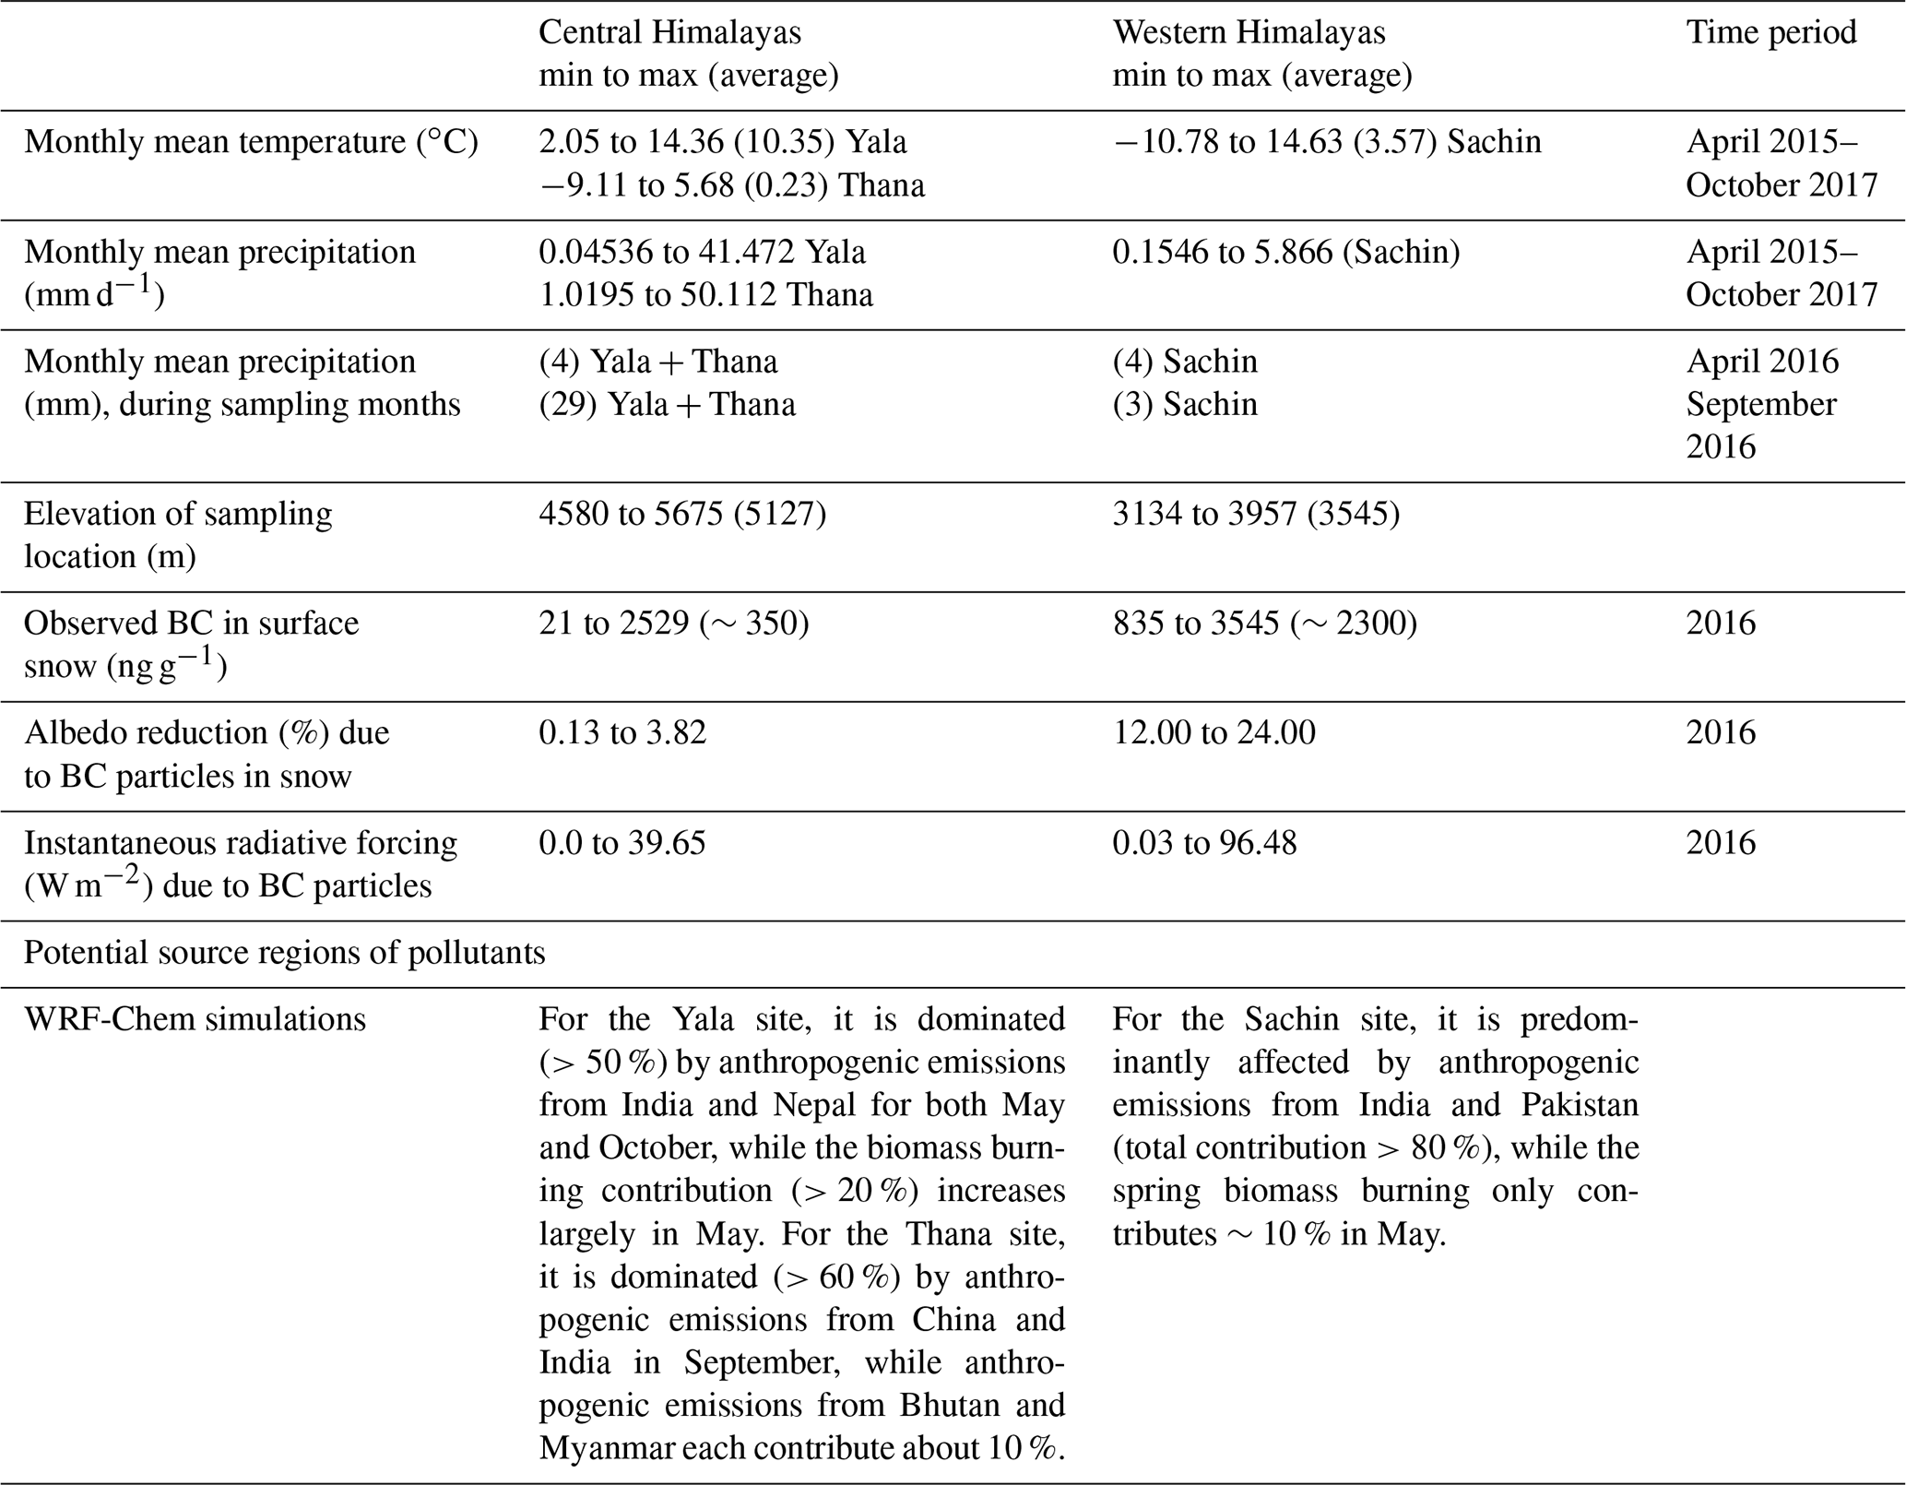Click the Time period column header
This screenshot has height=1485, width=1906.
(x=1770, y=33)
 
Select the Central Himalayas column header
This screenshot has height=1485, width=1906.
(x=669, y=33)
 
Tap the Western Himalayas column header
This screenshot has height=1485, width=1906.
(x=1249, y=33)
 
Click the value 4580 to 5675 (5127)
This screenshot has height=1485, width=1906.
(x=682, y=514)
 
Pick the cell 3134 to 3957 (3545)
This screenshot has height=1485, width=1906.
(x=1256, y=514)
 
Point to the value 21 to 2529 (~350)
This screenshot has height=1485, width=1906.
(x=673, y=624)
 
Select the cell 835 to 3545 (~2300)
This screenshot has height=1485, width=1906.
(x=1264, y=624)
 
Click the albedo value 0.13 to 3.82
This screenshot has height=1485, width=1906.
(x=622, y=733)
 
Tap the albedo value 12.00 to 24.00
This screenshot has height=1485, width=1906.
(x=1213, y=733)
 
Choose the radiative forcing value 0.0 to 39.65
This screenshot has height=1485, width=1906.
(x=622, y=843)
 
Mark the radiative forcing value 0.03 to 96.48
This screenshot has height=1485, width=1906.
(x=1204, y=843)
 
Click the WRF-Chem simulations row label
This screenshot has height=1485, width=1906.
(x=195, y=1019)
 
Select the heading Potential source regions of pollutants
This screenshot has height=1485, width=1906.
(x=284, y=953)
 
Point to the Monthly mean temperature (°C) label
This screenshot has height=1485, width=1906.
(x=251, y=143)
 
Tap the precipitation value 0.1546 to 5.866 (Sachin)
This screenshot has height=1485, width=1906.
(x=1285, y=253)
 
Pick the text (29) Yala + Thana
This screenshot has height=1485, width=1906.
(x=667, y=405)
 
